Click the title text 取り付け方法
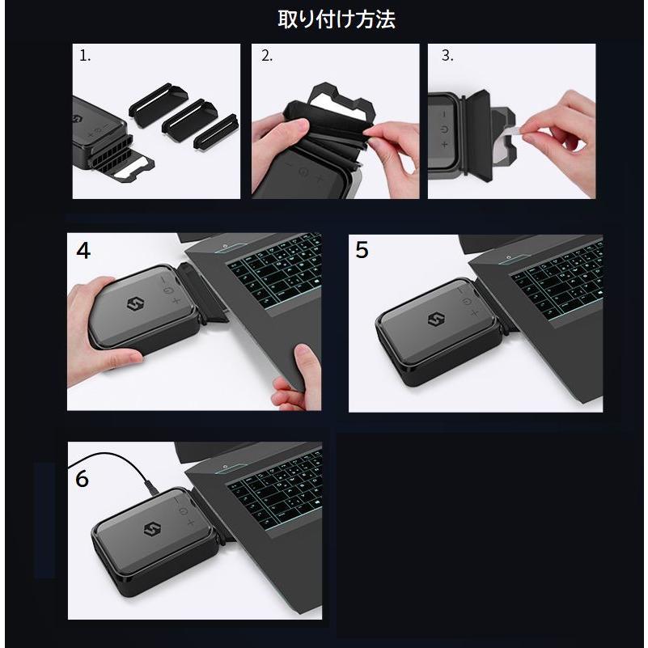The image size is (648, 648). [x=337, y=19]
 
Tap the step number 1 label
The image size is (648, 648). [x=85, y=55]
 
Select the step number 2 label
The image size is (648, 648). [x=267, y=55]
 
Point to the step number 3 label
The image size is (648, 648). [x=447, y=55]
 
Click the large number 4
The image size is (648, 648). [x=83, y=251]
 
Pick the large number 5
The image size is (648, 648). [x=362, y=250]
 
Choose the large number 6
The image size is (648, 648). [x=82, y=479]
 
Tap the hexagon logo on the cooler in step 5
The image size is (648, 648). [x=436, y=320]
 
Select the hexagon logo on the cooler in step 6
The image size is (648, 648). [x=152, y=530]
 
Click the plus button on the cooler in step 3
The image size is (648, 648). [x=445, y=144]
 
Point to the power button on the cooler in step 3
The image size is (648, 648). [x=444, y=129]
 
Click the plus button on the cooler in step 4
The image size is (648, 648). [x=176, y=300]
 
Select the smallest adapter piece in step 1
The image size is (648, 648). [x=215, y=130]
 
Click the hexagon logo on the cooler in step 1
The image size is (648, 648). [x=77, y=119]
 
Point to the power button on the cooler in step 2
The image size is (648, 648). [x=303, y=172]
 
